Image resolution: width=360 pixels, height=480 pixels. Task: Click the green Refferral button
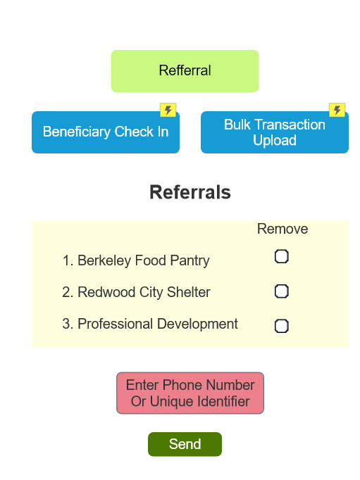(185, 71)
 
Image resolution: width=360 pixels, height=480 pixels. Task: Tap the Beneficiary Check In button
(106, 132)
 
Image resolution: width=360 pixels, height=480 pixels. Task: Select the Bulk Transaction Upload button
(275, 132)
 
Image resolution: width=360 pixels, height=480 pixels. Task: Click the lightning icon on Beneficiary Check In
(168, 110)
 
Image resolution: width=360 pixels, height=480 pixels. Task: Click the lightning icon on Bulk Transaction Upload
(337, 110)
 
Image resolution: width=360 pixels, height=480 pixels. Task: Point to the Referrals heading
(190, 192)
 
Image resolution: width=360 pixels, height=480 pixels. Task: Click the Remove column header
(283, 229)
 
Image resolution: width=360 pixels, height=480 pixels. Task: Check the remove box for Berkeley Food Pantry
(282, 256)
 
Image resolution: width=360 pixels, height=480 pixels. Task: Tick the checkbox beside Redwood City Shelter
(282, 291)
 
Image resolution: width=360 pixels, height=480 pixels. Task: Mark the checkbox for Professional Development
(282, 325)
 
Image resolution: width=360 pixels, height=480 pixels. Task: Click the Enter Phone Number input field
(190, 393)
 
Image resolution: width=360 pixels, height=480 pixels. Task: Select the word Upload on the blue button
(275, 141)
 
